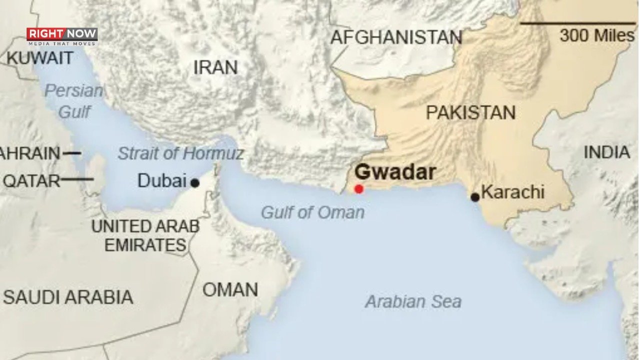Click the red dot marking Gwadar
[x=358, y=189]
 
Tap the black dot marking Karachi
[x=475, y=197]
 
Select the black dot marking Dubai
[x=195, y=183]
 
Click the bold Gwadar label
[x=395, y=172]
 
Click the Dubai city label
[x=161, y=180]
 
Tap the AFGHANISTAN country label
[x=396, y=37]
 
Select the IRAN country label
[x=215, y=67]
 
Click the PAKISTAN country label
[x=470, y=113]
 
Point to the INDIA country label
[x=606, y=152]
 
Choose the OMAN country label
[x=230, y=289]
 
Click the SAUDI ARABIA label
[x=68, y=297]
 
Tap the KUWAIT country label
[x=39, y=58]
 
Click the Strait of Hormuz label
[x=180, y=153]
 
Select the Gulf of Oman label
[x=312, y=212]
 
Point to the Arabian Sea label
[x=413, y=302]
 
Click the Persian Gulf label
[x=74, y=101]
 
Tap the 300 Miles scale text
[x=596, y=35]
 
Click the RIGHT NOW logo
[x=62, y=36]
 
